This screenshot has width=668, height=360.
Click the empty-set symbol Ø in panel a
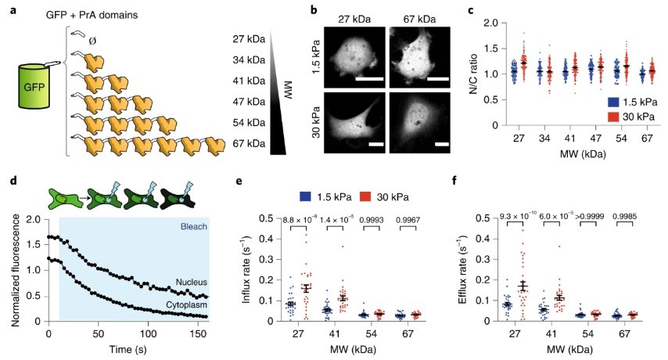[95, 35]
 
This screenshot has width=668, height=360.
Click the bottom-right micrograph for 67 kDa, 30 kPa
[418, 124]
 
